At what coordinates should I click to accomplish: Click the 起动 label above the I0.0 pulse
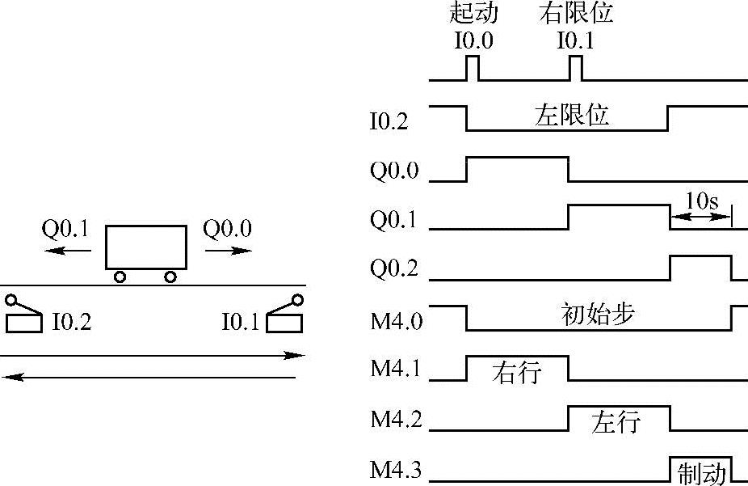click(x=473, y=14)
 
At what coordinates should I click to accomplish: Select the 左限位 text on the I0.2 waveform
click(x=572, y=116)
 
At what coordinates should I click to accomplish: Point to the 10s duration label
click(x=701, y=201)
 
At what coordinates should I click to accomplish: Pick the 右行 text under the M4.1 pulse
click(x=517, y=373)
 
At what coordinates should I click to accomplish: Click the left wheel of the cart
click(x=120, y=277)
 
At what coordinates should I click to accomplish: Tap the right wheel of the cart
click(x=170, y=277)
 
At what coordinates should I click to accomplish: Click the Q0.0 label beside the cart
click(x=227, y=229)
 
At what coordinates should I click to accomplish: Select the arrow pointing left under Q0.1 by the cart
click(x=68, y=251)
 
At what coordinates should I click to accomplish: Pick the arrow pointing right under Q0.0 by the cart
click(x=228, y=251)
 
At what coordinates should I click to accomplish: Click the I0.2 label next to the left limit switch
click(x=71, y=323)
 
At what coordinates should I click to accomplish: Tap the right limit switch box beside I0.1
click(x=287, y=323)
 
